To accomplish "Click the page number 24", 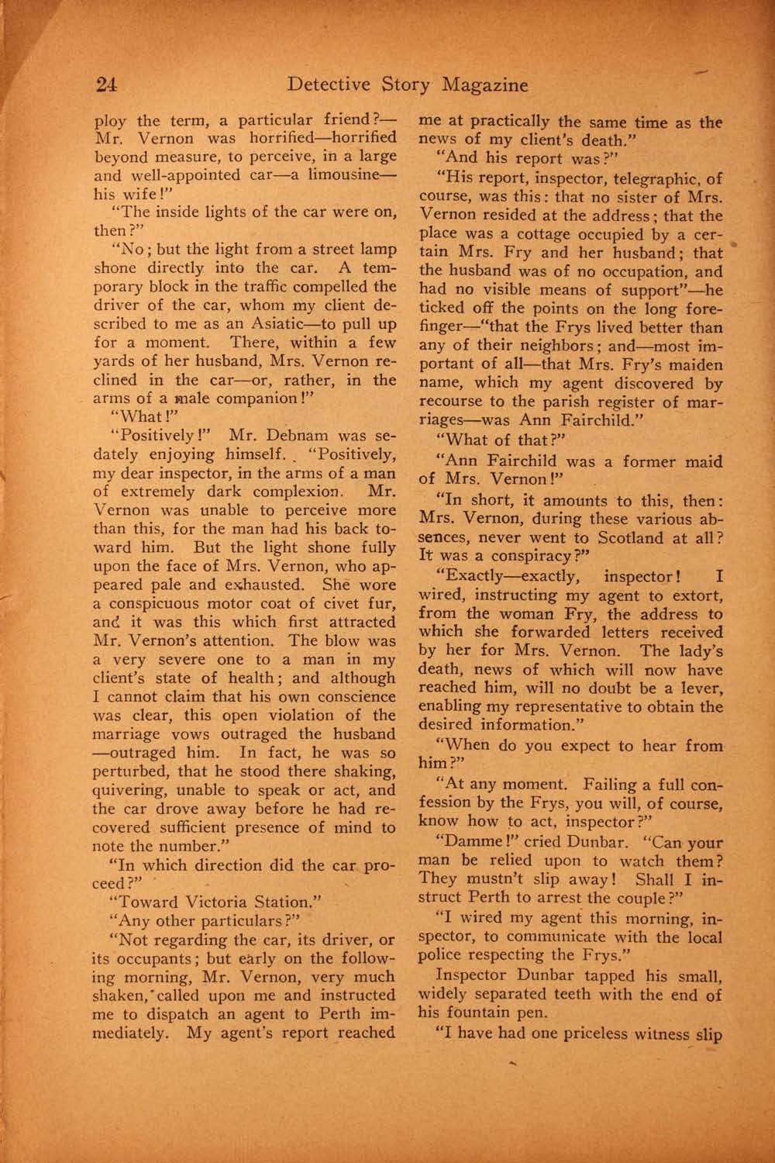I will [x=107, y=85].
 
